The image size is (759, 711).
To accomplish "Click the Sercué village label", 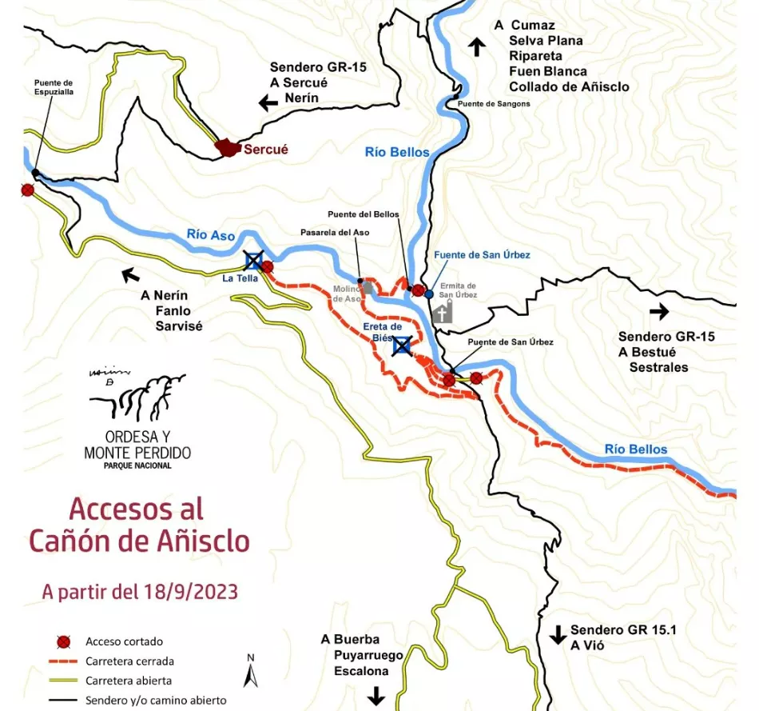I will tap(265, 149).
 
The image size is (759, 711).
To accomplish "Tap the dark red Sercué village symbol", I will tap(228, 147).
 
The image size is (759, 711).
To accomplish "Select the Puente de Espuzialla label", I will tap(54, 87).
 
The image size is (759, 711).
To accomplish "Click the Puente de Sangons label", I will tap(493, 104).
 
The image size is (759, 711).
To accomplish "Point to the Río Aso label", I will tap(211, 235).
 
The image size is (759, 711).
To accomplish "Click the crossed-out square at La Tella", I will tap(253, 260).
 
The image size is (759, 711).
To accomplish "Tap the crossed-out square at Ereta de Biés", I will tap(401, 346).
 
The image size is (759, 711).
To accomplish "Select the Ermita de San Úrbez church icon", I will tap(443, 312).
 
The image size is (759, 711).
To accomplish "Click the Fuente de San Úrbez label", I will tap(482, 255).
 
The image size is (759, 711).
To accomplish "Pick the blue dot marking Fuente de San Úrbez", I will tap(429, 294).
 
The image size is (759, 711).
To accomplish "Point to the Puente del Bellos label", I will tap(363, 214).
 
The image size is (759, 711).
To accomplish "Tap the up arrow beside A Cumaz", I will tap(477, 46).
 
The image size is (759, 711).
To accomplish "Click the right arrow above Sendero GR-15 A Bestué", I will tap(658, 312).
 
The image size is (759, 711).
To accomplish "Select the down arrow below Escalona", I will tap(376, 697).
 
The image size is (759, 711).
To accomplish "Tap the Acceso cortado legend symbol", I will tap(63, 641).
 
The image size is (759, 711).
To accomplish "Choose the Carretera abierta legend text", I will tap(129, 681).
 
